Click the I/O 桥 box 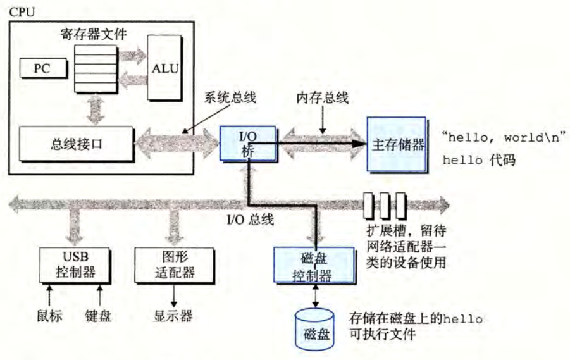tap(247, 144)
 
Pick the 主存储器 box tap(396, 144)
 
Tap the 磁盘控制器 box tap(311, 264)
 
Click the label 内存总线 tap(323, 98)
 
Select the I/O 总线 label tap(250, 220)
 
